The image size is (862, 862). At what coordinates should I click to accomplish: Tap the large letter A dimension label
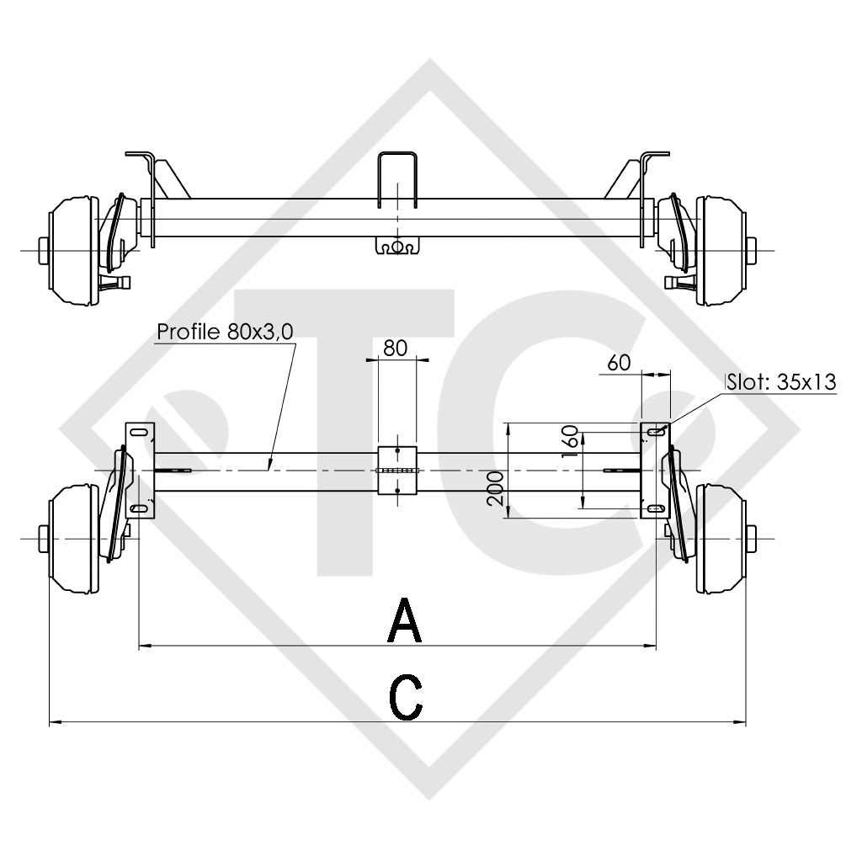pos(405,620)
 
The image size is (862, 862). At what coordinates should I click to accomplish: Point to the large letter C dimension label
pos(406,697)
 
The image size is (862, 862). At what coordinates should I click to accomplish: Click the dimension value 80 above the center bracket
pos(396,347)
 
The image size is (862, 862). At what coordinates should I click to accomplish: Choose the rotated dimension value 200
pos(496,488)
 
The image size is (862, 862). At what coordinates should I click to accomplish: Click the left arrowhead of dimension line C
pos(54,721)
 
